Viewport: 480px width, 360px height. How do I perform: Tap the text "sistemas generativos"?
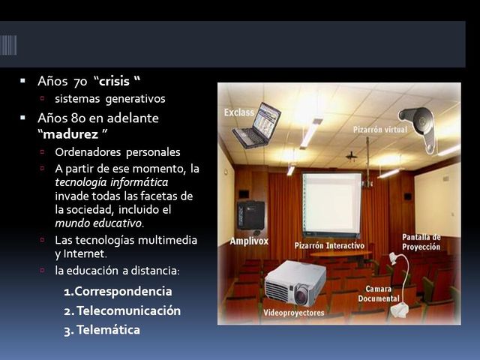pyautogui.click(x=109, y=98)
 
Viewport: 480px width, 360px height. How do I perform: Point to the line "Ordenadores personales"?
pyautogui.click(x=117, y=152)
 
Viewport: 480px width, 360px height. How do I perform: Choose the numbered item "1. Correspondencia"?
pyautogui.click(x=118, y=291)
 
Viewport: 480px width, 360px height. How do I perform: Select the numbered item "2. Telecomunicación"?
pyautogui.click(x=122, y=310)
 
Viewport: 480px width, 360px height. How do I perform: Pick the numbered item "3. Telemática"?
pyautogui.click(x=102, y=329)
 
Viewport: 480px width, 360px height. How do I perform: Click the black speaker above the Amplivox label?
pyautogui.click(x=250, y=214)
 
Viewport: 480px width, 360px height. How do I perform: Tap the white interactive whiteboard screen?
pyautogui.click(x=331, y=204)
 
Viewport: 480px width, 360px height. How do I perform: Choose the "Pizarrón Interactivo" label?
pyautogui.click(x=329, y=245)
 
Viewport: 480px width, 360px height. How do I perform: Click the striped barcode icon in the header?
pyautogui.click(x=8, y=46)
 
